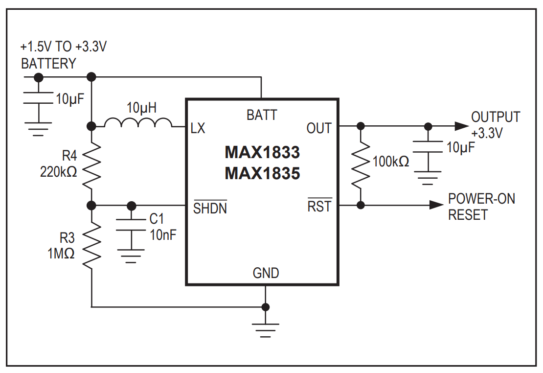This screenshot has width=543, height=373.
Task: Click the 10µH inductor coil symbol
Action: [x=138, y=122]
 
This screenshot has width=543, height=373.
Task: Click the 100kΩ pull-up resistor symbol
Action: [x=361, y=165]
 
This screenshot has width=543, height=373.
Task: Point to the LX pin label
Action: [x=198, y=128]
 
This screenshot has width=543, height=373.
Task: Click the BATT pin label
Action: [x=262, y=115]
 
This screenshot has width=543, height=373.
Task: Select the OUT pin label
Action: [x=319, y=128]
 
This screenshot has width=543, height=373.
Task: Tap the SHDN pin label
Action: [x=210, y=208]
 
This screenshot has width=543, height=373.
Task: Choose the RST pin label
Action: [x=319, y=207]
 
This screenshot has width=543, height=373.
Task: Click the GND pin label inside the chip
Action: [x=266, y=273]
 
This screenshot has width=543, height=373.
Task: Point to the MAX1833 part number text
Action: [x=262, y=153]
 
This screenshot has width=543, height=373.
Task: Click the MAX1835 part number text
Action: [x=262, y=173]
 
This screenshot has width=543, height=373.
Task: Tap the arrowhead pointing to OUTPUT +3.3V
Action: [x=461, y=126]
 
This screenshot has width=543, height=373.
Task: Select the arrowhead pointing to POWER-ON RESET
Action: [x=435, y=205]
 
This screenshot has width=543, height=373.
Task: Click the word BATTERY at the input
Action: [x=48, y=64]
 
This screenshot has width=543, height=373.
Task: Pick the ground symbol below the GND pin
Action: [x=266, y=329]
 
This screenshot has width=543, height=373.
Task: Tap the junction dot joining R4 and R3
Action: [x=91, y=205]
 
